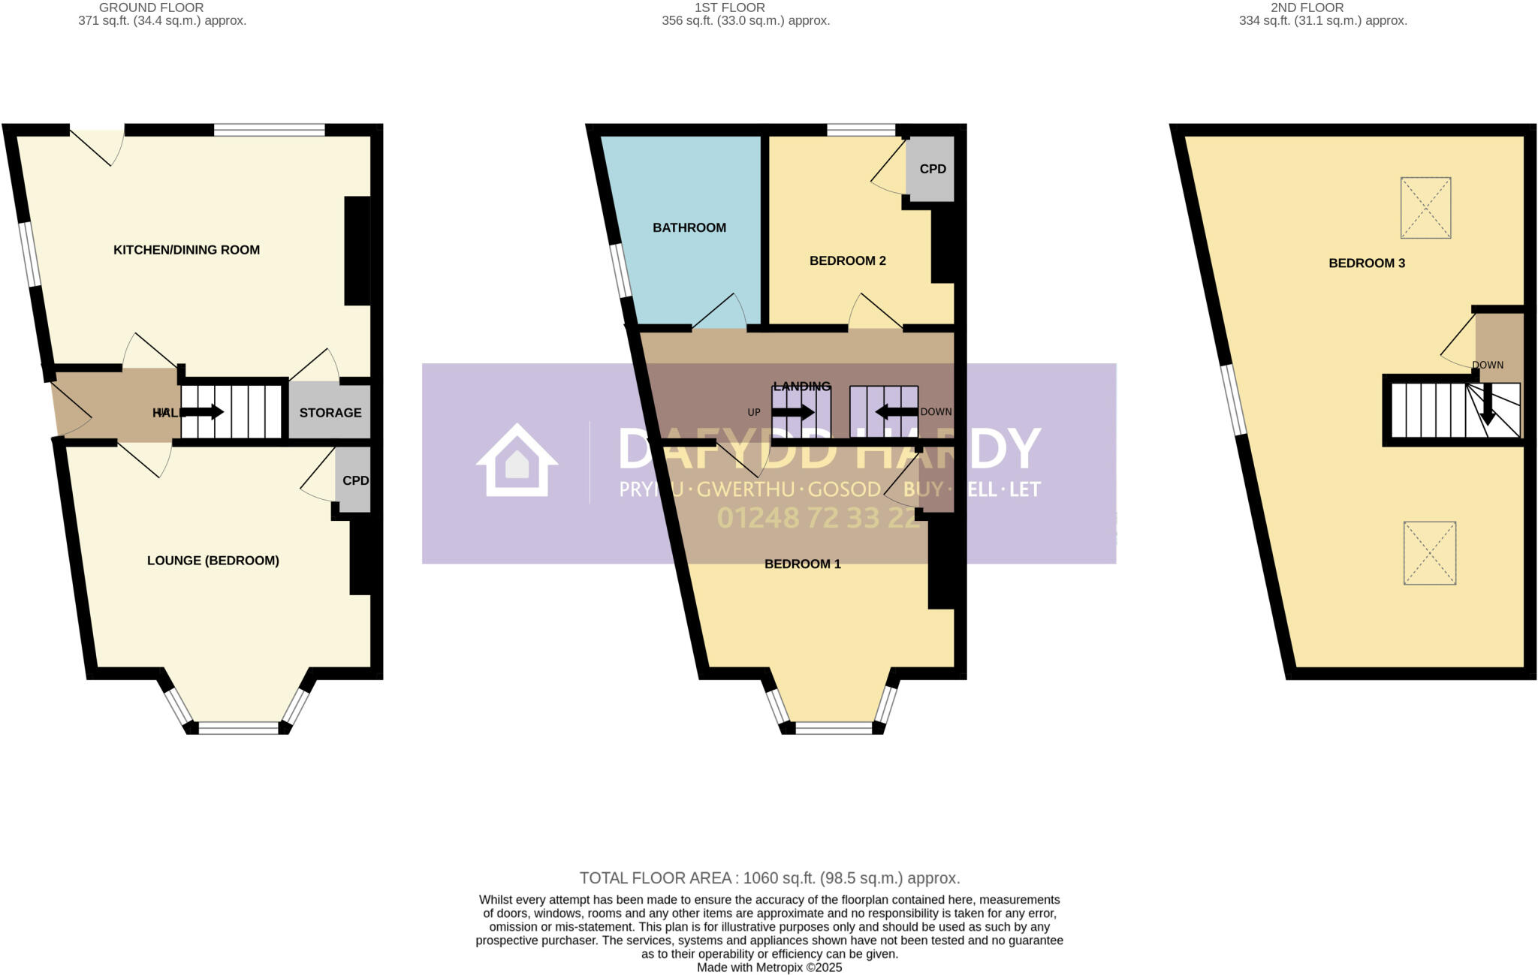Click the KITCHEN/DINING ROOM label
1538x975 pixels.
[x=186, y=250]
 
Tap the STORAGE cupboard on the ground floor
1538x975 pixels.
[x=330, y=412]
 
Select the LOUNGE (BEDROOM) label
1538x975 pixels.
[x=213, y=561]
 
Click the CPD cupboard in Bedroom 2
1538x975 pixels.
[x=932, y=169]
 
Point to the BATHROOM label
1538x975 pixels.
[x=689, y=227]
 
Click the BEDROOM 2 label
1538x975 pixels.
[x=847, y=260]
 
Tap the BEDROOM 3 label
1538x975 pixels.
[x=1366, y=263]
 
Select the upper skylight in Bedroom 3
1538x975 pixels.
[x=1425, y=208]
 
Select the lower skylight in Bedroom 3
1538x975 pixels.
[x=1429, y=553]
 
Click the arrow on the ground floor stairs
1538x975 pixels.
[x=203, y=412]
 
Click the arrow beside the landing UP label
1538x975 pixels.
[x=793, y=412]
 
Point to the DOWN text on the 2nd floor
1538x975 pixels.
[x=1487, y=365]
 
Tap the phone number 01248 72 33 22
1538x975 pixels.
[x=819, y=518]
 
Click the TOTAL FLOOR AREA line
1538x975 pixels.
[x=769, y=878]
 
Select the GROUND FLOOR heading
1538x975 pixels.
[x=151, y=8]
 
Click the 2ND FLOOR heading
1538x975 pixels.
[x=1322, y=8]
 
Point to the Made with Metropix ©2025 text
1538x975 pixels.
[x=769, y=967]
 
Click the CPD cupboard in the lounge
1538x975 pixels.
[x=354, y=480]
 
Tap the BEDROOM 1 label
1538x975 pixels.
[x=802, y=564]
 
